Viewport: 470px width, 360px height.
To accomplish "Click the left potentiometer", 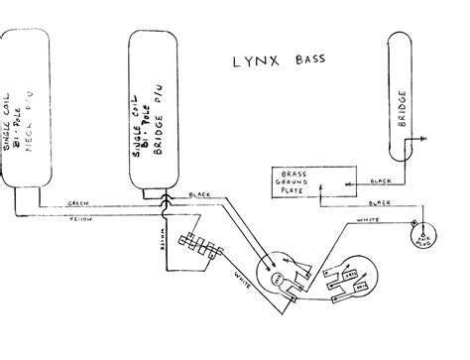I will [x=282, y=274].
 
